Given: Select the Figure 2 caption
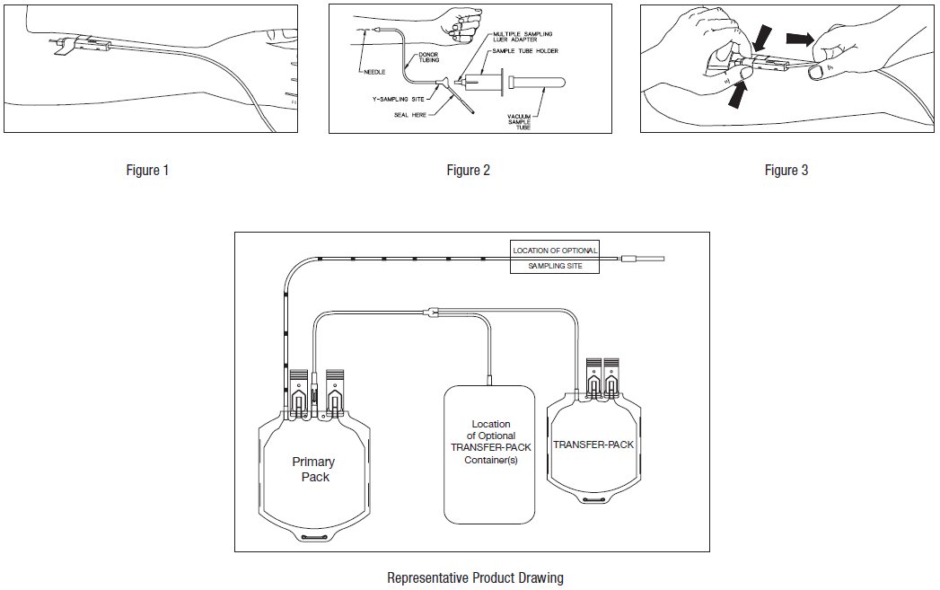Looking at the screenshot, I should [469, 171].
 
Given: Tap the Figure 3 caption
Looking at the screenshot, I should [786, 171].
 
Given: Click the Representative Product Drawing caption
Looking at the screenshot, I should [475, 577].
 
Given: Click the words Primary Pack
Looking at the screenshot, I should [313, 469].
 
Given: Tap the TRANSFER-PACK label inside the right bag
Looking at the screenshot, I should [593, 445].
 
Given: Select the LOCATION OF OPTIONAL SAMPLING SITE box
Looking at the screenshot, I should [554, 258].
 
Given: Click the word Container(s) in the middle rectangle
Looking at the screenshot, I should [490, 461].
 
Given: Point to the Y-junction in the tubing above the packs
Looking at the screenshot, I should [431, 313].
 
